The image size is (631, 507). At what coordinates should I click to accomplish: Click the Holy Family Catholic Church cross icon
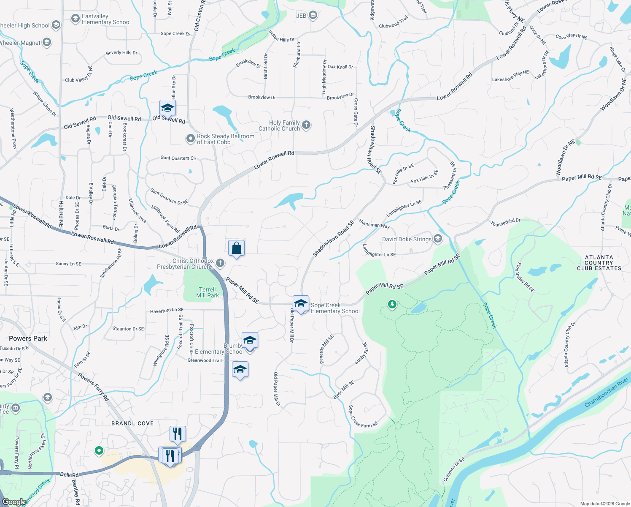click(x=306, y=125)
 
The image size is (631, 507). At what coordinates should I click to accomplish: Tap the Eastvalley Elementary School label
click(x=106, y=19)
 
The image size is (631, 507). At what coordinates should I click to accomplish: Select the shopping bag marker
click(x=237, y=248)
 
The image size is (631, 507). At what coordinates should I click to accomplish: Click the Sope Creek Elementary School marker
click(x=301, y=304)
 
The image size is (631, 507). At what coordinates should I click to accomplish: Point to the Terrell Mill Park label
click(x=208, y=292)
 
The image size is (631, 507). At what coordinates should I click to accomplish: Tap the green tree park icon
click(x=392, y=304)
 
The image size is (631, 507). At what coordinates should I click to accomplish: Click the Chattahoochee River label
click(x=607, y=393)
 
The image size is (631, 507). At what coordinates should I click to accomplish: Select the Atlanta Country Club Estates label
click(x=599, y=263)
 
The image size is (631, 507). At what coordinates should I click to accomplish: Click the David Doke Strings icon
click(x=438, y=239)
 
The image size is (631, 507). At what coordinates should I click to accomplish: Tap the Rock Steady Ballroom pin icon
click(x=191, y=139)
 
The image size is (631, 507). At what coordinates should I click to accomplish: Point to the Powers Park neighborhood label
click(x=28, y=338)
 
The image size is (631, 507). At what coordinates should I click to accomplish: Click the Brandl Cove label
click(x=132, y=423)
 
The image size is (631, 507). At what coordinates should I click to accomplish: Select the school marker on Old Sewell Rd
click(x=167, y=108)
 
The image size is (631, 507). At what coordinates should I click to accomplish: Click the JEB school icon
click(x=313, y=16)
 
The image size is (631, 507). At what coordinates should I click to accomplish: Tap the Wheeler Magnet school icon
click(x=47, y=42)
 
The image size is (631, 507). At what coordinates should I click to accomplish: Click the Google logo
click(x=14, y=502)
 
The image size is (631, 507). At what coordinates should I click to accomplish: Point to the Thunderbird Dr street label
click(x=505, y=222)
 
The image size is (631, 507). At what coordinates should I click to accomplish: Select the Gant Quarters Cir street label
click(x=178, y=158)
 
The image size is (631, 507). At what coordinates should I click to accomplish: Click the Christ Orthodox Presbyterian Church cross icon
click(x=220, y=263)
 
